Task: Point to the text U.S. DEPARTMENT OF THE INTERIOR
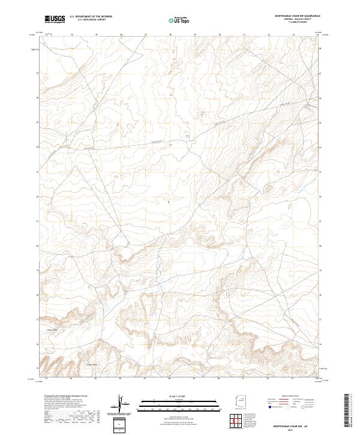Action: point(91,16)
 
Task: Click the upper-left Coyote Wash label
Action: point(52,329)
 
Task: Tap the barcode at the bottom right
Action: point(347,413)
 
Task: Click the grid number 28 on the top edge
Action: point(170,34)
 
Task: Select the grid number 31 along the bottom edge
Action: point(244,379)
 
